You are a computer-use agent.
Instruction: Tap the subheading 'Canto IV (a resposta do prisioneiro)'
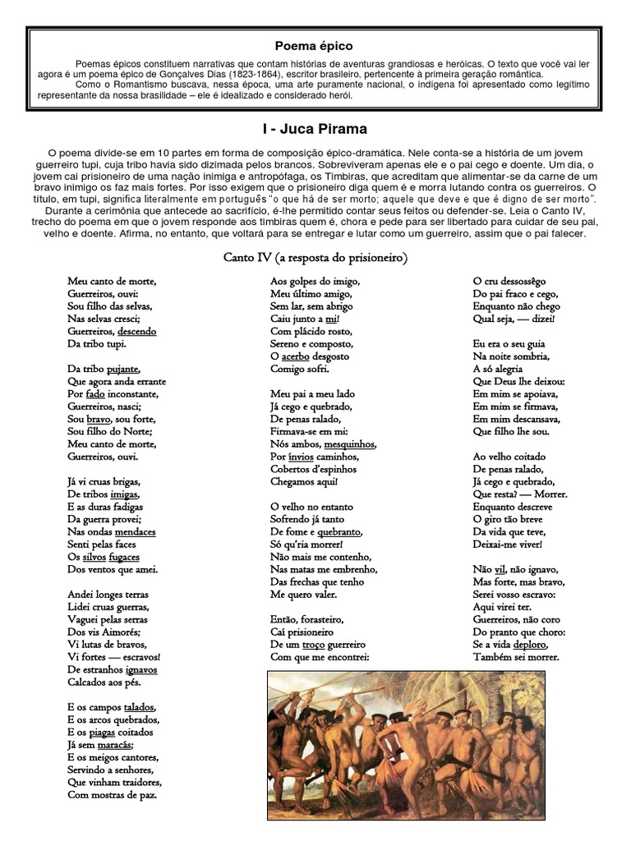(x=315, y=258)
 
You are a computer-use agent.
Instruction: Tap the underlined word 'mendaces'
(x=136, y=531)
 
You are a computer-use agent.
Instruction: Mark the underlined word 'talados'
(x=139, y=707)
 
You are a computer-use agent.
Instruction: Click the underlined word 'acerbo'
(x=296, y=356)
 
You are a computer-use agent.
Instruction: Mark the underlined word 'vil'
(x=500, y=569)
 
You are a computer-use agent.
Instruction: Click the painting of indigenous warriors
(x=406, y=744)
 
